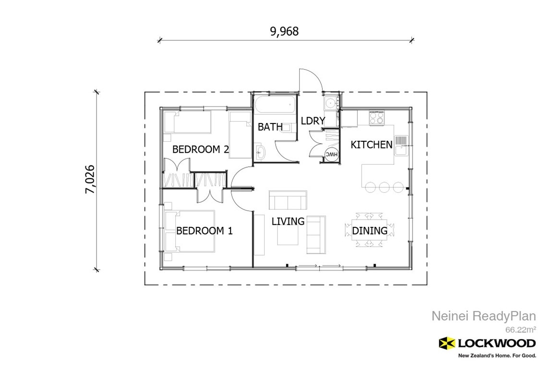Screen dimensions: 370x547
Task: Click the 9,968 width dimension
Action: pyautogui.click(x=284, y=32)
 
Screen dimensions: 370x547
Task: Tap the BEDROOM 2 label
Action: pyautogui.click(x=200, y=149)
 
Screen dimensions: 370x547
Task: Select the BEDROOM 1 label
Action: pyautogui.click(x=204, y=231)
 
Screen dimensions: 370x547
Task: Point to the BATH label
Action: pyautogui.click(x=270, y=127)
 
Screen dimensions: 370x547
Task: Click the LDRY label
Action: pyautogui.click(x=313, y=121)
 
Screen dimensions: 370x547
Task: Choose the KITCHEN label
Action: pyautogui.click(x=371, y=145)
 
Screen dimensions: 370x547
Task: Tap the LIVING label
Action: pyautogui.click(x=288, y=222)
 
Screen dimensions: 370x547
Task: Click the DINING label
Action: pyautogui.click(x=369, y=231)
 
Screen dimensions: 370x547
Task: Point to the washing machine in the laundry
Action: pyautogui.click(x=330, y=103)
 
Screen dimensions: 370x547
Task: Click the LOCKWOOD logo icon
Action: pyautogui.click(x=447, y=343)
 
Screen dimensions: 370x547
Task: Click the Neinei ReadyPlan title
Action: pyautogui.click(x=483, y=316)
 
